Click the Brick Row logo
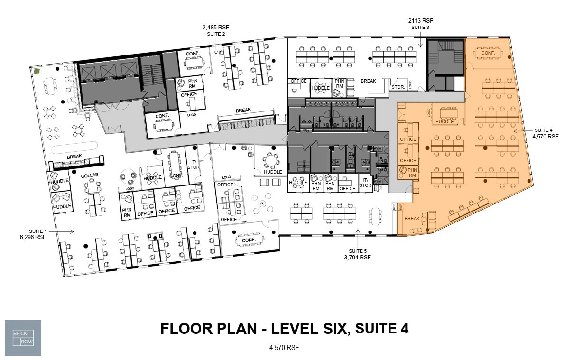[x=23, y=338]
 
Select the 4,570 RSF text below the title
[x=284, y=348]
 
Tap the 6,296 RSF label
[x=33, y=236]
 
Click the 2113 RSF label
[x=421, y=21]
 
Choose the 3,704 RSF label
[x=358, y=258]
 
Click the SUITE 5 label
[x=358, y=251]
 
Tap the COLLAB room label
[x=89, y=176]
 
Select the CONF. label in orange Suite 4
[x=488, y=53]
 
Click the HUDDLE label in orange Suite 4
[x=445, y=122]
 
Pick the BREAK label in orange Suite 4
[x=412, y=219]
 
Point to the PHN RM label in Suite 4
[x=412, y=172]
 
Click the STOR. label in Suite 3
[x=398, y=87]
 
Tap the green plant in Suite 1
[x=36, y=72]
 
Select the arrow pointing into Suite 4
[x=520, y=131]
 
